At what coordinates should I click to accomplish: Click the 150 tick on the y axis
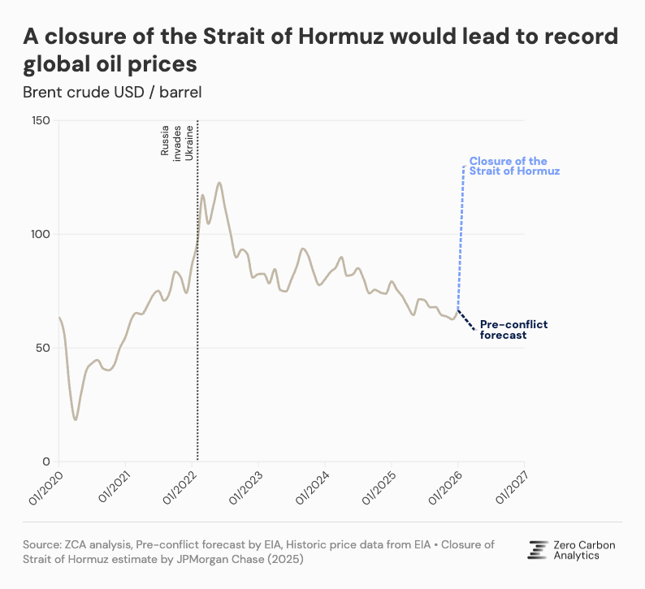[x=41, y=121]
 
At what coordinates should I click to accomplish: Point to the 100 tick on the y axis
[x=41, y=234]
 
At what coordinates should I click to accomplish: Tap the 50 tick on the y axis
[x=43, y=348]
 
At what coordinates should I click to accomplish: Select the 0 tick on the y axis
[x=46, y=461]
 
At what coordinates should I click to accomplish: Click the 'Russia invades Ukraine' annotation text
[x=177, y=142]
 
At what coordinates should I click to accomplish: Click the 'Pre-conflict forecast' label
[x=513, y=329]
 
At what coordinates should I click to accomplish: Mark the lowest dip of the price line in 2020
[x=76, y=419]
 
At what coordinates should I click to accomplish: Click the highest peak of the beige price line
[x=219, y=183]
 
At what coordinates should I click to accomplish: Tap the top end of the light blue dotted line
[x=464, y=166]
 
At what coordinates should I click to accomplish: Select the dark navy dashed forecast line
[x=467, y=320]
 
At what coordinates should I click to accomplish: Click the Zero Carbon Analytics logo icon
[x=537, y=550]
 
